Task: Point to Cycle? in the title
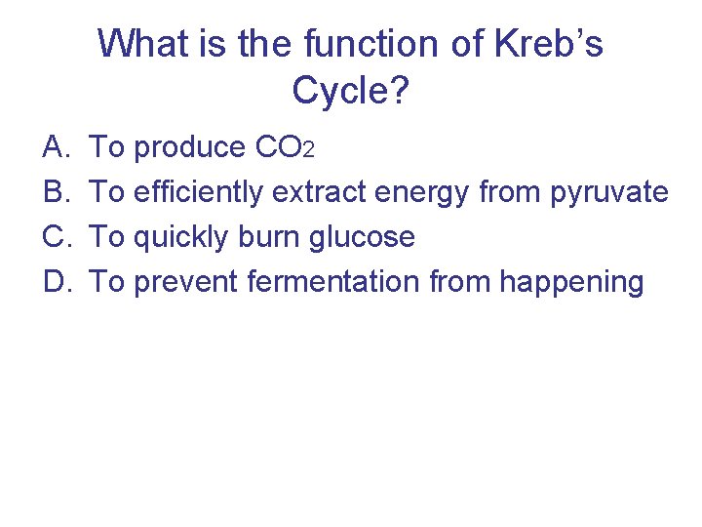[x=351, y=91]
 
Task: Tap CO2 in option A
[x=283, y=148]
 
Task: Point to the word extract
[x=318, y=193]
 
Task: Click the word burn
[x=255, y=237]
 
